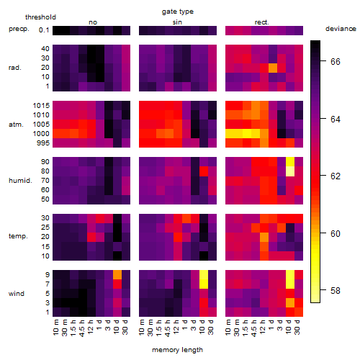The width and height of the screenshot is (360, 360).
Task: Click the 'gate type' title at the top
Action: tap(178, 12)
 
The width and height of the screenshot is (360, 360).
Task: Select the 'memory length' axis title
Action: tap(177, 350)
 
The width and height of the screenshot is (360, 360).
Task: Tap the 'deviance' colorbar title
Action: tap(341, 29)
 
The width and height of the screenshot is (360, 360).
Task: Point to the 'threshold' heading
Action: tap(40, 17)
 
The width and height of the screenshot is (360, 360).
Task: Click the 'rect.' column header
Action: tap(262, 22)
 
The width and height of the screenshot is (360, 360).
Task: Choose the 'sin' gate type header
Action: tap(177, 22)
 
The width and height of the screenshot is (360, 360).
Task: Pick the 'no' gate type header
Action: tap(93, 22)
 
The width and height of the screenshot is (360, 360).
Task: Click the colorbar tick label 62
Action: tap(336, 176)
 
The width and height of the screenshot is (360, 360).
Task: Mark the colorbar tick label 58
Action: tap(336, 291)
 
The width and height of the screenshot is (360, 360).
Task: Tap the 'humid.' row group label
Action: tap(20, 181)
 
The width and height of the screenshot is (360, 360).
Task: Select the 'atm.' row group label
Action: tap(16, 125)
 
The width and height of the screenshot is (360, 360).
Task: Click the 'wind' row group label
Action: tap(17, 294)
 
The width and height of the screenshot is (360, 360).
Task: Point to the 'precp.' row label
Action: tap(19, 30)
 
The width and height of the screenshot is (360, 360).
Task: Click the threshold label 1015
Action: tap(41, 106)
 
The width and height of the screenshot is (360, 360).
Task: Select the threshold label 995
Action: tap(43, 143)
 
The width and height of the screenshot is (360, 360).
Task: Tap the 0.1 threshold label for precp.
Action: tap(44, 30)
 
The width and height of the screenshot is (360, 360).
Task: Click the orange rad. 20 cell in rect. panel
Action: tap(273, 68)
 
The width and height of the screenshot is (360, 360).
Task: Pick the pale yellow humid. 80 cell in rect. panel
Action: tap(290, 171)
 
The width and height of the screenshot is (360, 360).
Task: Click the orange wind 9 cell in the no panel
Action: tap(117, 275)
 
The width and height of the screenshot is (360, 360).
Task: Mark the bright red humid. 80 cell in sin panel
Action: tap(204, 171)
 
